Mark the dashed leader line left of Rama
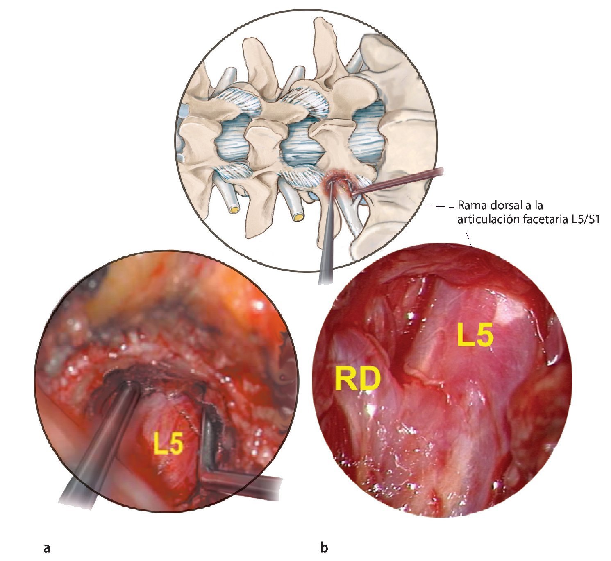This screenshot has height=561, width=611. pyautogui.click(x=441, y=206)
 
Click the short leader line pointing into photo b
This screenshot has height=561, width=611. pyautogui.click(x=470, y=238)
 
